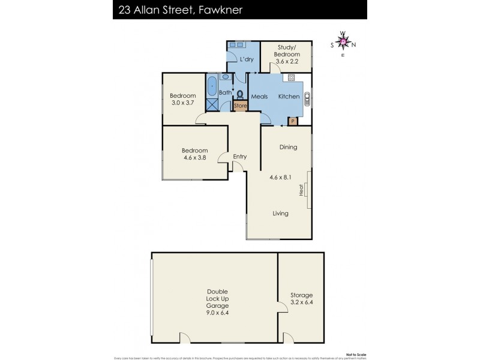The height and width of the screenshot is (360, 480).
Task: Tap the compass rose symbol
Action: click(x=343, y=43)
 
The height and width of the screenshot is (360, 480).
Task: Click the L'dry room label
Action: click(x=246, y=60)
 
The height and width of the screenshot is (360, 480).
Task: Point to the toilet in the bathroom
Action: click(x=240, y=95)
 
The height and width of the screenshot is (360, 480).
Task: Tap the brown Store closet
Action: click(x=240, y=106)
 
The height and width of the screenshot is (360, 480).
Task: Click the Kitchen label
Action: click(x=288, y=97)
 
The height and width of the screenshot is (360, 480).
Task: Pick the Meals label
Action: click(x=259, y=97)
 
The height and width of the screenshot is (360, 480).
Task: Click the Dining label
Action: click(x=289, y=147)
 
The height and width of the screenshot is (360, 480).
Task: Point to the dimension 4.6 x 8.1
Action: click(x=280, y=177)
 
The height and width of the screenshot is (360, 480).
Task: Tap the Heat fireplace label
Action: click(x=301, y=190)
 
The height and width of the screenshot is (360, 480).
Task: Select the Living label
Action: click(x=280, y=214)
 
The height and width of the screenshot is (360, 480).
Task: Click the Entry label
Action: click(x=239, y=157)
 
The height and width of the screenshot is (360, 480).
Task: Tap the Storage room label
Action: click(x=301, y=299)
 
